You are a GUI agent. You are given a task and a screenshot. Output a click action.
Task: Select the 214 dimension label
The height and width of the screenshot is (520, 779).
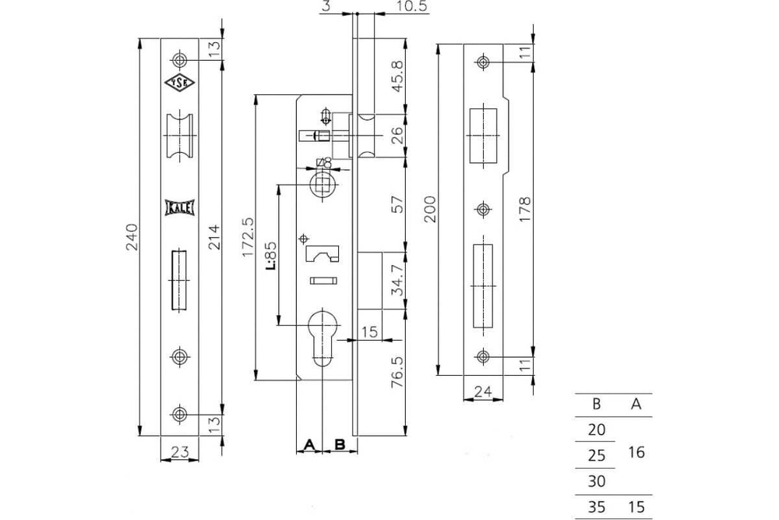point(215,233)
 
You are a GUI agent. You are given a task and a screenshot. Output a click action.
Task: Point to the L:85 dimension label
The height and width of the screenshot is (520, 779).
point(270,254)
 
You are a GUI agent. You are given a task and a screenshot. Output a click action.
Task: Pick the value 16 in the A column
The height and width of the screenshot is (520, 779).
point(636,452)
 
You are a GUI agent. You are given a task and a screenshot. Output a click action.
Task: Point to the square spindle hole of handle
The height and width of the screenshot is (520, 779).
point(320,184)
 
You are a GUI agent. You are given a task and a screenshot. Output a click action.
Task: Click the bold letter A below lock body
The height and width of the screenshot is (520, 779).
point(308,444)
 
